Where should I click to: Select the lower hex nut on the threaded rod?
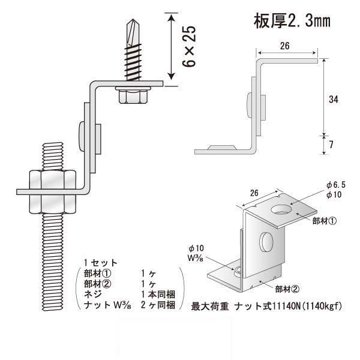(52, 202)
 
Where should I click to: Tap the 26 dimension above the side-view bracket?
(286, 46)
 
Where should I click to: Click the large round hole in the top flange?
(281, 210)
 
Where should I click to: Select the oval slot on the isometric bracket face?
(266, 243)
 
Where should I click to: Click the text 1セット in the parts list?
(100, 263)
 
